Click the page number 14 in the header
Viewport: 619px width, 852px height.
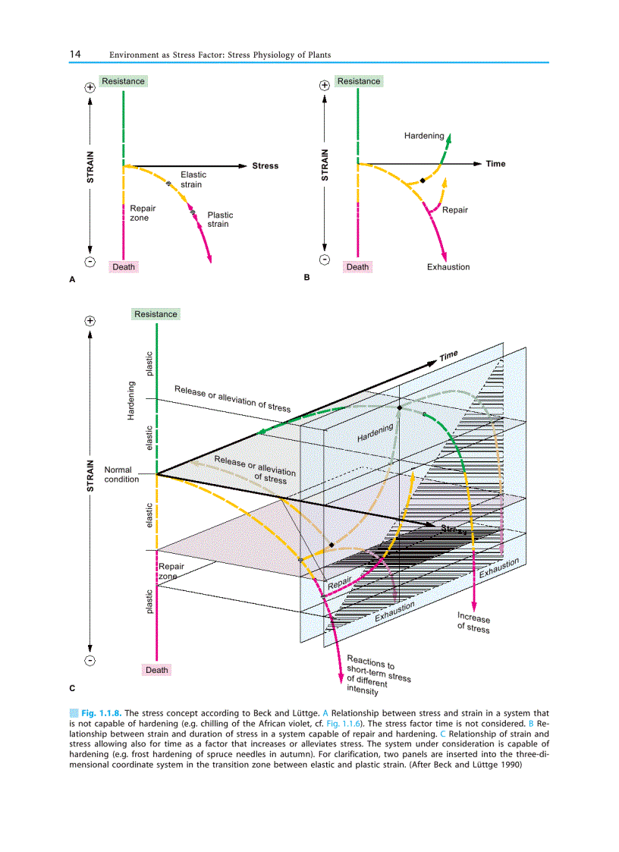click(x=75, y=55)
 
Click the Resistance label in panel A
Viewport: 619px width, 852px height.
click(x=123, y=81)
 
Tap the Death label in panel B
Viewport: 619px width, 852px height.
click(x=357, y=266)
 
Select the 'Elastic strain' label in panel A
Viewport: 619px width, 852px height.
click(x=193, y=179)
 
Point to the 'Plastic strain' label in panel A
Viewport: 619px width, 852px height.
click(x=220, y=219)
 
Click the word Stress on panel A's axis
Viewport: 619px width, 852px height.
click(x=266, y=165)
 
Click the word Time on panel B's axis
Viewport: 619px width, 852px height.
click(x=495, y=164)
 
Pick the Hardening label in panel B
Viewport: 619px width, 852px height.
click(x=424, y=136)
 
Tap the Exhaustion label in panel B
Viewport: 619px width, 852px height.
click(x=448, y=266)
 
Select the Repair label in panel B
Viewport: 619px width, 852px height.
click(x=455, y=209)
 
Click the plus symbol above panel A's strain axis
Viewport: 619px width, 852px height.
click(x=90, y=87)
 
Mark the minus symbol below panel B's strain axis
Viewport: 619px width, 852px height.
click(x=325, y=260)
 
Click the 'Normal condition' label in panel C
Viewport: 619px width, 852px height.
click(x=121, y=474)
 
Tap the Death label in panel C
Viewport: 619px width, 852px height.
click(x=156, y=670)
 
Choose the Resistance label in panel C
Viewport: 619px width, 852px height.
click(x=156, y=314)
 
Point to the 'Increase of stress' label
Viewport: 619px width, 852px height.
click(x=473, y=622)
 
